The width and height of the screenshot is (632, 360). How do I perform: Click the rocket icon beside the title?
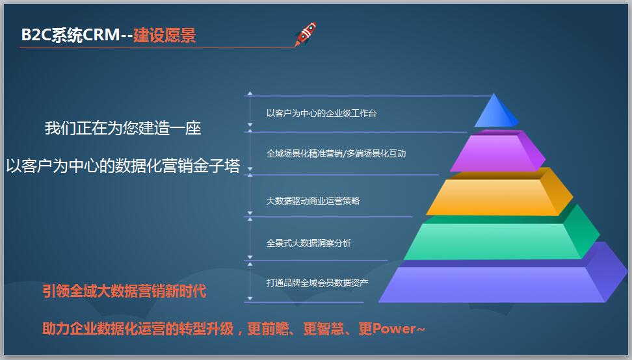click(x=306, y=34)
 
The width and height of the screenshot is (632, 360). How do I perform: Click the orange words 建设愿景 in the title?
click(x=165, y=35)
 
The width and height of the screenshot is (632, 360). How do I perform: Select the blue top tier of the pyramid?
click(x=495, y=110)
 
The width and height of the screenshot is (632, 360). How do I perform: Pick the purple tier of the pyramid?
click(x=497, y=151)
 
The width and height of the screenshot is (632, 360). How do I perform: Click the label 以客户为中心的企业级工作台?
click(x=321, y=113)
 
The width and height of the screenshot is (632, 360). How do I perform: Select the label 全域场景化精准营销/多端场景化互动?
click(x=336, y=153)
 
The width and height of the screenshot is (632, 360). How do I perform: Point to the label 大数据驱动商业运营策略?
click(x=313, y=201)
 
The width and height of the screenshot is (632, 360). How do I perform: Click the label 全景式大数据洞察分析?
click(x=308, y=243)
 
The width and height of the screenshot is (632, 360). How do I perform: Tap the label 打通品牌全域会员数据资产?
click(x=317, y=283)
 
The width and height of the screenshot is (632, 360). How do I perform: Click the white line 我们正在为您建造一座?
click(x=123, y=128)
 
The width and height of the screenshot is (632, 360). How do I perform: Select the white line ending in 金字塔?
click(x=123, y=166)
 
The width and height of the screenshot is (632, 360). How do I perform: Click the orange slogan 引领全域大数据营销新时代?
click(x=124, y=290)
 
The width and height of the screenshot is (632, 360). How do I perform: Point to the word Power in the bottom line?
click(x=394, y=329)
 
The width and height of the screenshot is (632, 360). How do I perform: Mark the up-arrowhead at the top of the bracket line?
click(x=250, y=94)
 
